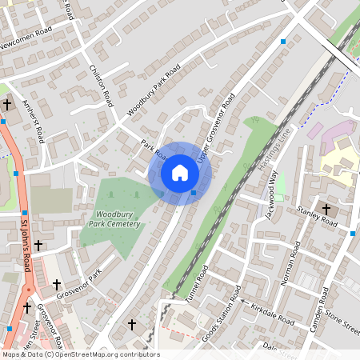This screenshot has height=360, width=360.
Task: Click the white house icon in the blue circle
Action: pos(180,173)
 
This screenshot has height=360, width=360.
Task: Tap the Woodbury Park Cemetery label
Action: pos(118,220)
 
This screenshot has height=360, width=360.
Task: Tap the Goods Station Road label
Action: pos(222,317)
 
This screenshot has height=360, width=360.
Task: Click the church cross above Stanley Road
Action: pos(326,210)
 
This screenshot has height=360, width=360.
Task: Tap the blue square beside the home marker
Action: pos(194,192)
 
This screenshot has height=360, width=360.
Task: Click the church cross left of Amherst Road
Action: pos(7,104)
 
